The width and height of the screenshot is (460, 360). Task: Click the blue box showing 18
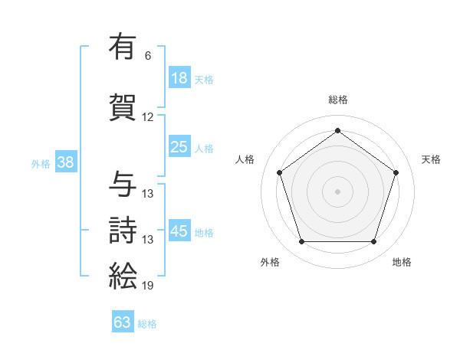[179, 78]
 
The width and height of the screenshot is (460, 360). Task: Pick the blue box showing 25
[179, 147]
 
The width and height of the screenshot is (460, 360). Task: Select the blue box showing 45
[179, 232]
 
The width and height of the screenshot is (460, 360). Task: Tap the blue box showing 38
[65, 162]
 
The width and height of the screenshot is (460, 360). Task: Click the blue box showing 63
[123, 322]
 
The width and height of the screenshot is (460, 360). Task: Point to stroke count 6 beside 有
[148, 56]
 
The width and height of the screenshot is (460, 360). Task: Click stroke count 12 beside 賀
[148, 117]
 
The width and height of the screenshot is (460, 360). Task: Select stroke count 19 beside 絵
[148, 286]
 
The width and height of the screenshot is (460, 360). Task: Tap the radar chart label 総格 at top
[338, 100]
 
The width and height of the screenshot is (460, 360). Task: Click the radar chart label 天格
[431, 159]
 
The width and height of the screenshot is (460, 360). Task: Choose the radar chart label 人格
[245, 159]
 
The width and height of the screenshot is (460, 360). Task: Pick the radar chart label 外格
[270, 263]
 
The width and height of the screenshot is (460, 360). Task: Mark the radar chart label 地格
[402, 263]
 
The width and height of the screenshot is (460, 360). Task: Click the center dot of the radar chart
[337, 191]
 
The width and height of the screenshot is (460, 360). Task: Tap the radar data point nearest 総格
[337, 130]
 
